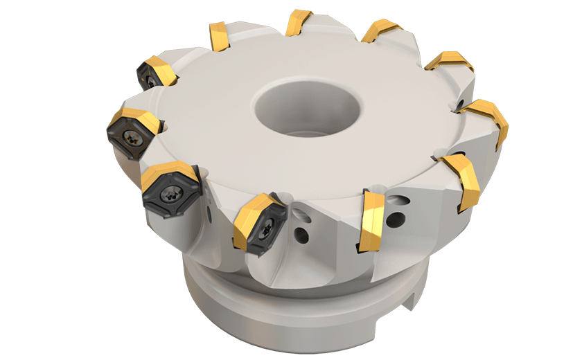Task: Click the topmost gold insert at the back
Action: tap(298, 21)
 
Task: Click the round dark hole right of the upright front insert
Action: tap(396, 221)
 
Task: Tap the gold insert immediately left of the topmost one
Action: tap(220, 36)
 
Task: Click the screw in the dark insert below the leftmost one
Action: tap(170, 196)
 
